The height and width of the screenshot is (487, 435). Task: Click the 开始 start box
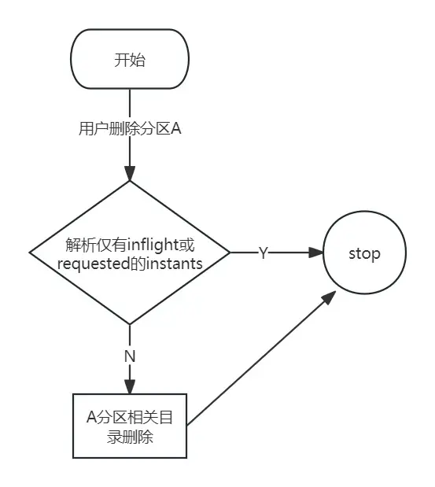(x=130, y=60)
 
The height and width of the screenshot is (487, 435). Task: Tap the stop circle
(x=364, y=253)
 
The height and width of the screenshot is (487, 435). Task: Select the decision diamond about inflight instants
(x=130, y=253)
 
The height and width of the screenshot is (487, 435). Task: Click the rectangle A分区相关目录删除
(x=130, y=426)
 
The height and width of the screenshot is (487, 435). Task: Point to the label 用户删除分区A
(x=130, y=129)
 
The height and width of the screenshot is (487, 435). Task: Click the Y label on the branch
(x=264, y=253)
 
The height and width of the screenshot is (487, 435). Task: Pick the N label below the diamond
(x=130, y=356)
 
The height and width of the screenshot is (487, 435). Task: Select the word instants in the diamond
(x=174, y=263)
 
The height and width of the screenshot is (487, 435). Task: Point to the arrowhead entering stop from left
(x=315, y=253)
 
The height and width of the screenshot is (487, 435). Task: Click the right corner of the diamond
(x=230, y=253)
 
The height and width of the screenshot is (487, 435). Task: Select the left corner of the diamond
(x=30, y=253)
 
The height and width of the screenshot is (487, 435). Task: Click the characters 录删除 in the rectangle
(x=130, y=437)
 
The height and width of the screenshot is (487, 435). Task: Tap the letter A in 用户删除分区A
(x=176, y=129)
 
